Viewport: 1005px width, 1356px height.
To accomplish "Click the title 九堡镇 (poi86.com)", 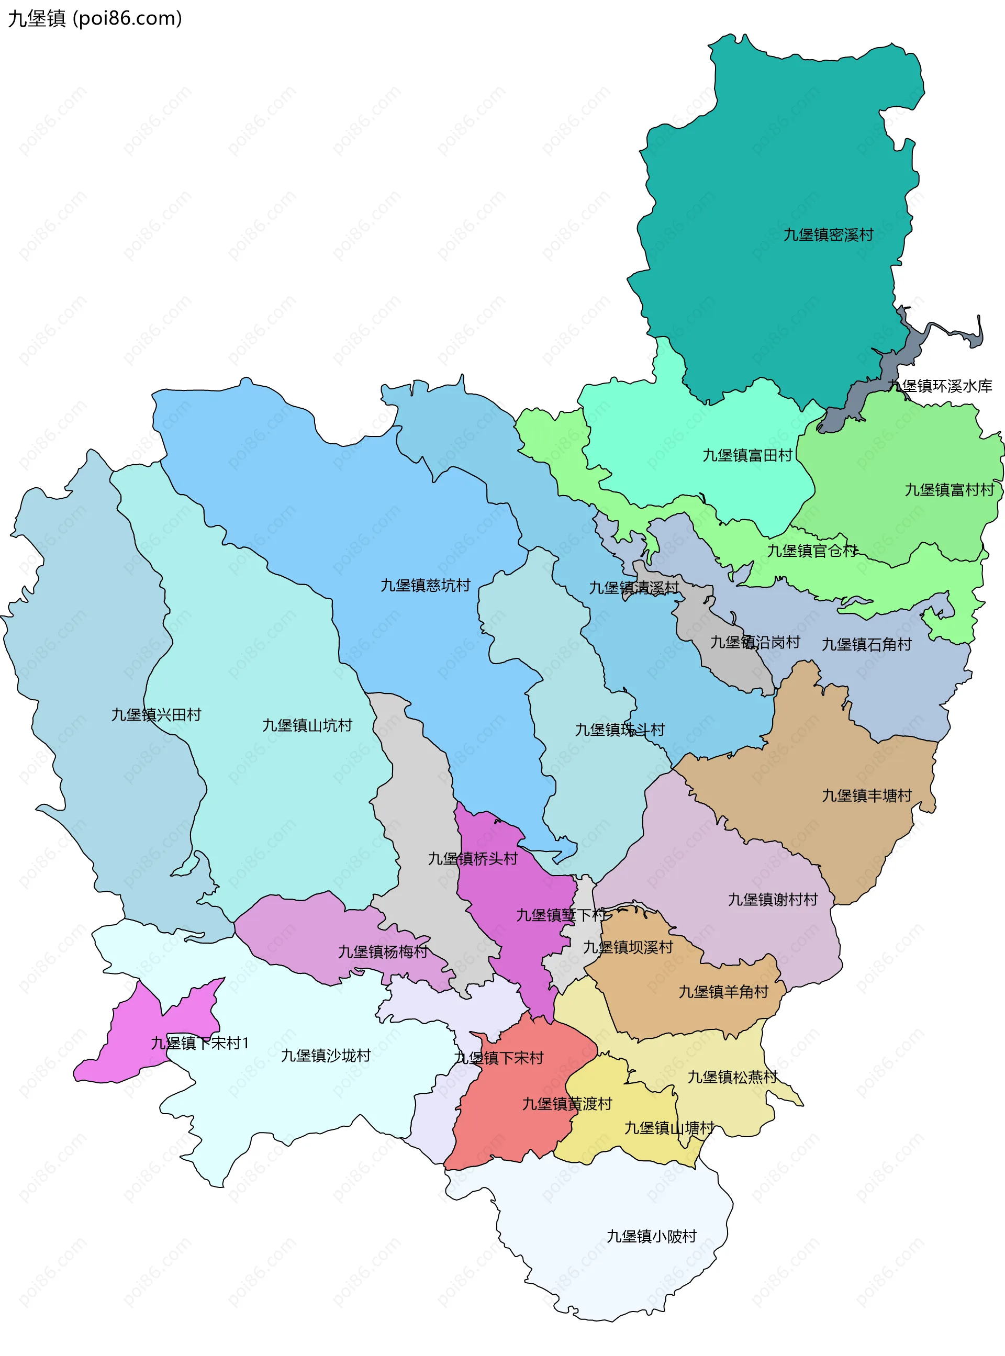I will point(95,18).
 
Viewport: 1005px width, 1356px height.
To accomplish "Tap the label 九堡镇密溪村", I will point(828,234).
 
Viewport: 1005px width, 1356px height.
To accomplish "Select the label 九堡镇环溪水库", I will point(940,386).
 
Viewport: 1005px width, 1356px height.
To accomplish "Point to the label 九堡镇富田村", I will point(747,455).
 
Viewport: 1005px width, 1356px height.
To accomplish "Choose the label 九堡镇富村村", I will point(949,489).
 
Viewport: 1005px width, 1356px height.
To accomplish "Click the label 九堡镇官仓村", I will point(811,551).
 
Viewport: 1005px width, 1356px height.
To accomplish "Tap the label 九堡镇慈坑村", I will point(425,585).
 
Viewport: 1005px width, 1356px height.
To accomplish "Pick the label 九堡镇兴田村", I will point(156,714).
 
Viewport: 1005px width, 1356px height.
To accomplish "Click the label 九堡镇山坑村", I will point(307,725).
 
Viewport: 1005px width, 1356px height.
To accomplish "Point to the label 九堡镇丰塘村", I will point(866,795).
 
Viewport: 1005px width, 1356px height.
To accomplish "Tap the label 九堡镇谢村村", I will point(773,899).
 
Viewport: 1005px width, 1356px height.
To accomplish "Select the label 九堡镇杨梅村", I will point(383,951).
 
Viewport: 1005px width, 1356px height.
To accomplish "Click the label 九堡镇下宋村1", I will point(199,1043).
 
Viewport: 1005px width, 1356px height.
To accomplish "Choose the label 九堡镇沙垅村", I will point(326,1055).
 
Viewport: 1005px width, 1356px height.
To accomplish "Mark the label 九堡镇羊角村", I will point(723,992).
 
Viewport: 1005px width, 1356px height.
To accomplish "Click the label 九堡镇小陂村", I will point(651,1236).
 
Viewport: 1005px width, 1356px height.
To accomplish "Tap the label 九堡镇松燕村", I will point(732,1077).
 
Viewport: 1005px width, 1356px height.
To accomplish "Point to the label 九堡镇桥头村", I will point(472,859).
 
